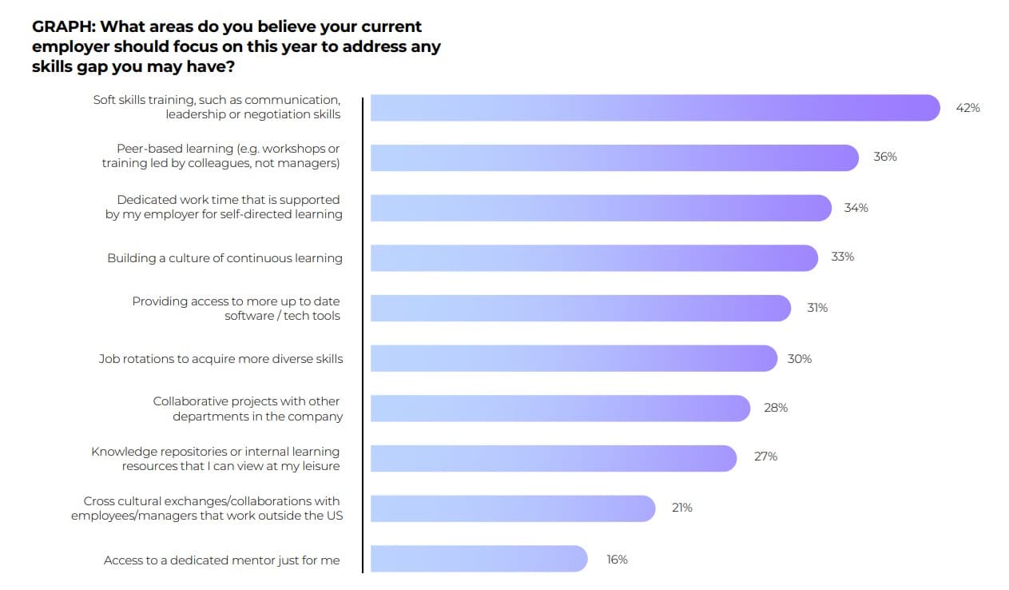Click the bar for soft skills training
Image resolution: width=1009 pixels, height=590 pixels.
[x=655, y=108]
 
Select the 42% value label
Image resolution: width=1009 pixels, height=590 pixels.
[x=967, y=108]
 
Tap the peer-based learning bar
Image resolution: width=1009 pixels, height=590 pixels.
[x=614, y=157]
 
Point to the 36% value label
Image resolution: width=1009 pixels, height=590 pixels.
[x=884, y=157]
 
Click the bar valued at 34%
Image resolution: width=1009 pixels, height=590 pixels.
[x=601, y=208]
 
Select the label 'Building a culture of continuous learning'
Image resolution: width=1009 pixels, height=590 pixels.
[x=224, y=258]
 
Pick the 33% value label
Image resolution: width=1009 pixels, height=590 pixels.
[x=842, y=257]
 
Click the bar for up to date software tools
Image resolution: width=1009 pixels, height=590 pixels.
[x=581, y=308]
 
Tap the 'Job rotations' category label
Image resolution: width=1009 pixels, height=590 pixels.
[x=220, y=359]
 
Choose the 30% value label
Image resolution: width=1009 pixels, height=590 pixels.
[x=799, y=359]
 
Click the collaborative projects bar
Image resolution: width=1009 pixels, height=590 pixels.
[x=560, y=408]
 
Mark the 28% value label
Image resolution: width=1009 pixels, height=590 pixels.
[x=775, y=408]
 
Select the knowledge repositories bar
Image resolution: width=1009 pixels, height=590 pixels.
[x=554, y=458]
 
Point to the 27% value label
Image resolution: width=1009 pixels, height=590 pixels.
[x=765, y=456]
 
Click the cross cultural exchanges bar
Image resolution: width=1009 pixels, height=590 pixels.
[x=513, y=508]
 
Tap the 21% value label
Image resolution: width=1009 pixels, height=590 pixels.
[x=681, y=508]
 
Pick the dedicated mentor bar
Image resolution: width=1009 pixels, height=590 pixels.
[x=479, y=559]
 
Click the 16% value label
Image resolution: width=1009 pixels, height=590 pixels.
[x=617, y=560]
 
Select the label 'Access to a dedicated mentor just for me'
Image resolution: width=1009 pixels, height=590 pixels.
[x=221, y=560]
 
